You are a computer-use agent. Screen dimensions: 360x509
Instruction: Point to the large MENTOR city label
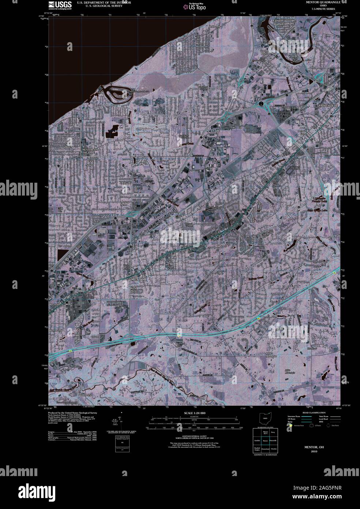(x=139, y=279)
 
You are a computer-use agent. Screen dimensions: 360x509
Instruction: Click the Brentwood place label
(x=56, y=331)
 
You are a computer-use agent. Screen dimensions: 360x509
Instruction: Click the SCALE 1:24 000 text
(x=195, y=413)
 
